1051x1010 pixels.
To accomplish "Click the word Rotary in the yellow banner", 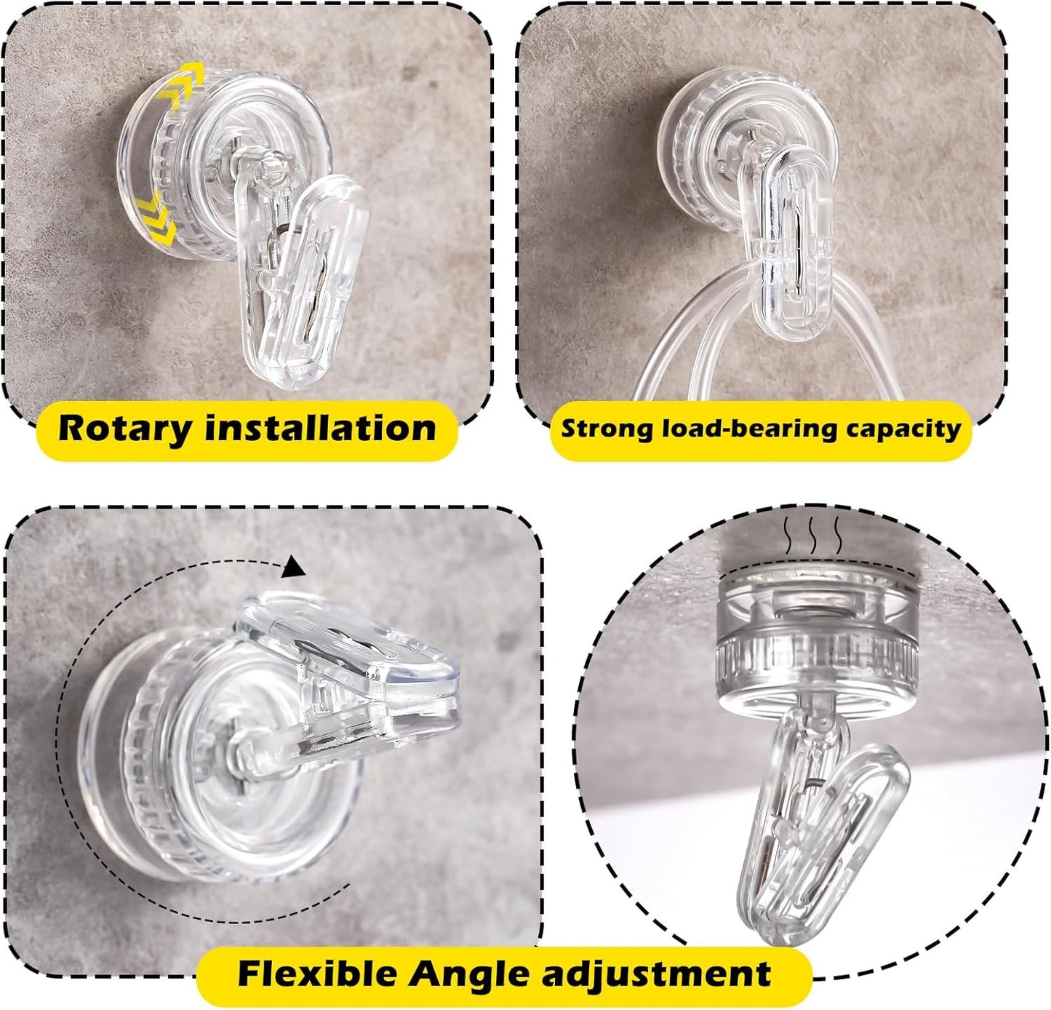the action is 125,429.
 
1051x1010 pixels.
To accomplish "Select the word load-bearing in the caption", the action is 747,429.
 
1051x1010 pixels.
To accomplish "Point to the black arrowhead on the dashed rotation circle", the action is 294,567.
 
